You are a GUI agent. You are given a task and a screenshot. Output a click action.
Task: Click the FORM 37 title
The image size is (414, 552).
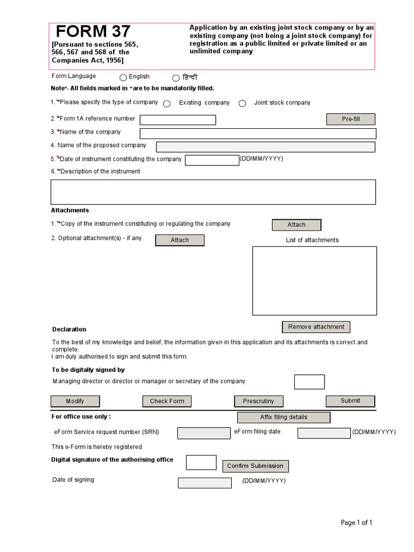(x=93, y=32)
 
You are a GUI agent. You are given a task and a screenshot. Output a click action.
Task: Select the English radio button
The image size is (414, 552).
(x=123, y=78)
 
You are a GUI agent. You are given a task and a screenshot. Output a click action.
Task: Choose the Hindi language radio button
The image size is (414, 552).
(x=176, y=78)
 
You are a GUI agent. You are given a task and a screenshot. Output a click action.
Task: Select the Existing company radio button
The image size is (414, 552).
(x=167, y=103)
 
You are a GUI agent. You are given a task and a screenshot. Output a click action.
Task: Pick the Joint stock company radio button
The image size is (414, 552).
(x=243, y=103)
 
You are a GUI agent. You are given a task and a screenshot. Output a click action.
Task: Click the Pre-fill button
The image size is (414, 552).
(x=350, y=119)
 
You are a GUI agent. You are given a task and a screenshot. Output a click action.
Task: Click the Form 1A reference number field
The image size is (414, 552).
(x=178, y=120)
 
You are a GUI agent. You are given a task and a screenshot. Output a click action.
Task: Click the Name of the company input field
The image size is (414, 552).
(x=257, y=134)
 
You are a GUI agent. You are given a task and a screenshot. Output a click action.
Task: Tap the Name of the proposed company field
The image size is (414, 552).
(x=265, y=147)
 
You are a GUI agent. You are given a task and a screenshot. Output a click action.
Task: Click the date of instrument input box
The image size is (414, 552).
(x=212, y=160)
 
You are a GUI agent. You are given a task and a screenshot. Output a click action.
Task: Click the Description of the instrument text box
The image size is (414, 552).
(x=213, y=192)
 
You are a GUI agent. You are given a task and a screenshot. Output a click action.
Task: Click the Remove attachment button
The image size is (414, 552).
(x=316, y=327)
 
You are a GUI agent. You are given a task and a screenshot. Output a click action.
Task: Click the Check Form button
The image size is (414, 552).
(x=167, y=401)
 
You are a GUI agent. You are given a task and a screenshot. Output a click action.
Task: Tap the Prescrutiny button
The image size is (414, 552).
(x=258, y=401)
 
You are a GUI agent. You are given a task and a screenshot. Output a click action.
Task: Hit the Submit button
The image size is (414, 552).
(x=350, y=401)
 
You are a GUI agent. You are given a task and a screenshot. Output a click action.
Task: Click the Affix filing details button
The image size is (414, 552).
(x=284, y=417)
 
